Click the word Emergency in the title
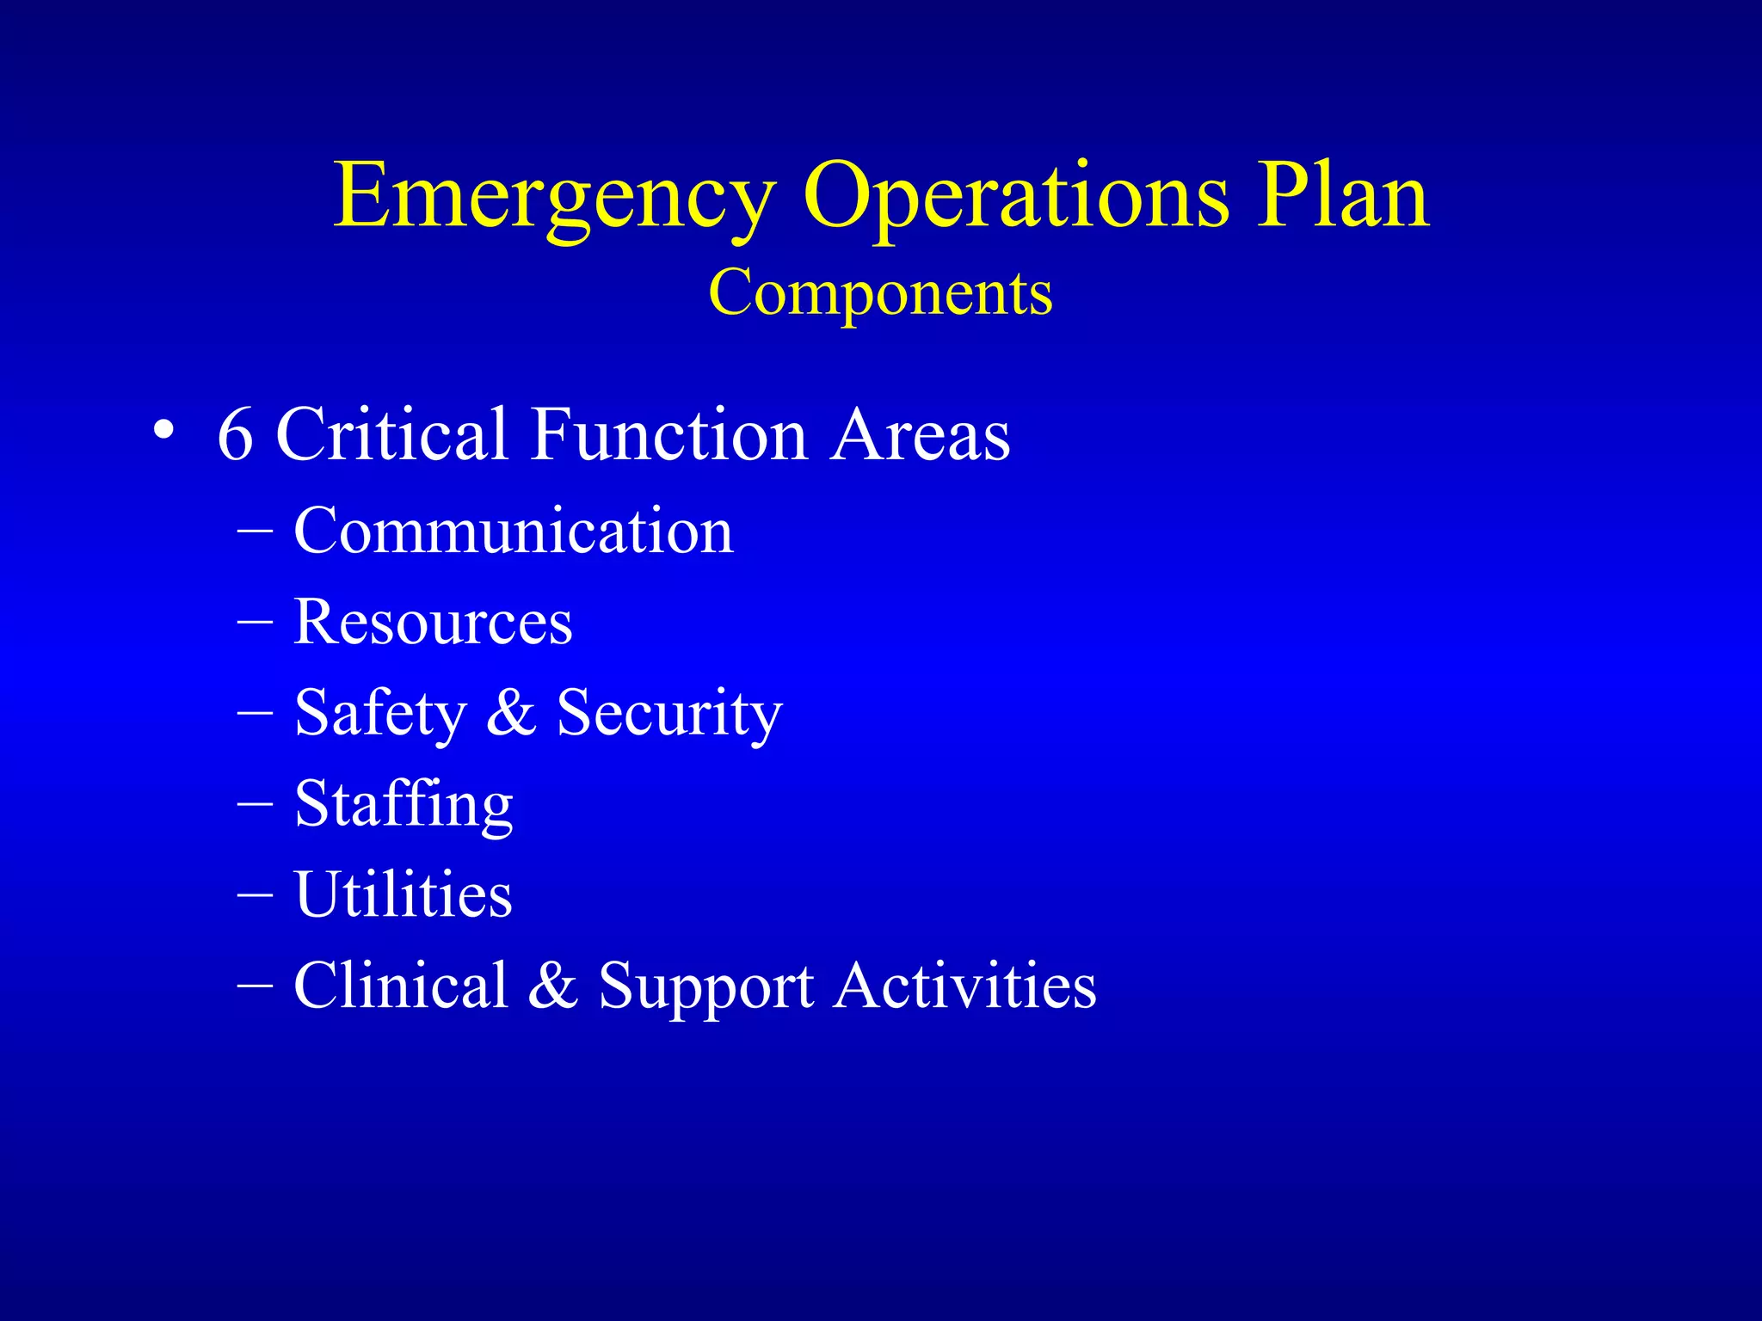click(555, 198)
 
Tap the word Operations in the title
click(1015, 198)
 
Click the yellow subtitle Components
click(880, 293)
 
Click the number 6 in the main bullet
click(235, 434)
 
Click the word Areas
click(921, 434)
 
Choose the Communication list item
click(514, 531)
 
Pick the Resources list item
click(433, 622)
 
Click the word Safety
click(379, 714)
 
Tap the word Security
click(669, 714)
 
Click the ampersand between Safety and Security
click(511, 712)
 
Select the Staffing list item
click(404, 805)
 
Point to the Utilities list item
click(403, 894)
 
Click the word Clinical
click(401, 985)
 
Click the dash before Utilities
click(256, 894)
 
